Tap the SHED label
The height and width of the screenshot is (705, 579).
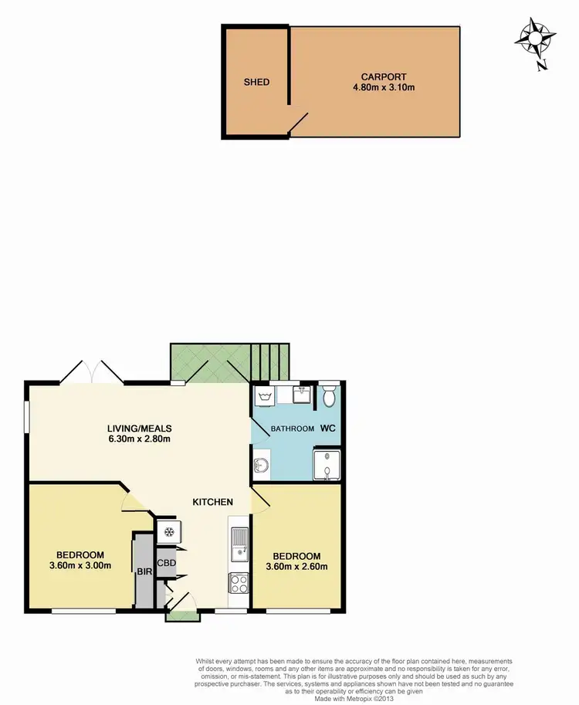click(x=256, y=82)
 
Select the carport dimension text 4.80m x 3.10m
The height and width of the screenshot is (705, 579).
click(x=378, y=87)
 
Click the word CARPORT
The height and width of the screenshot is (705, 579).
click(x=378, y=76)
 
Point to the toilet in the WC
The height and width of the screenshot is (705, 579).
click(x=330, y=398)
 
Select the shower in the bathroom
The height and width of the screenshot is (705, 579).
click(x=327, y=464)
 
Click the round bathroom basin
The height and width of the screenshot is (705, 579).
click(x=261, y=466)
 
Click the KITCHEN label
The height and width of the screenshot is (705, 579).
click(x=212, y=502)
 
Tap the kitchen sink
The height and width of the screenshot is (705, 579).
click(x=239, y=541)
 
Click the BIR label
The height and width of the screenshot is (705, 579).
click(x=144, y=573)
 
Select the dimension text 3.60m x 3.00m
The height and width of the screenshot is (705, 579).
click(x=80, y=565)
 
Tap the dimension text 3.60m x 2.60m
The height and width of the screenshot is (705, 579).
click(x=296, y=566)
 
